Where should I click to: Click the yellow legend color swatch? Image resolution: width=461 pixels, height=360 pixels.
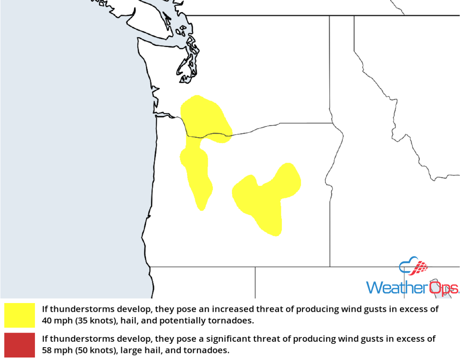pos(20,315)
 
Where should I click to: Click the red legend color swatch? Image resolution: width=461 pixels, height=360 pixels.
pos(20,345)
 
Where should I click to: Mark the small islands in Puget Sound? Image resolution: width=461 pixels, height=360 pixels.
pos(182,32)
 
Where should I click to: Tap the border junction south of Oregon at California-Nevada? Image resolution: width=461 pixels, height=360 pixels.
pos(255,267)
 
